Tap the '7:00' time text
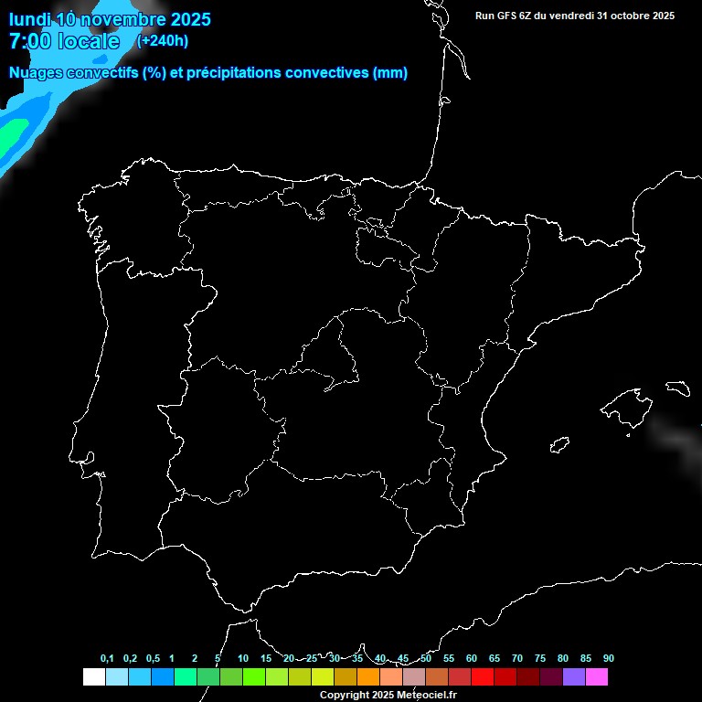click(x=27, y=41)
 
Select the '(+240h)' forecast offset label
click(x=162, y=40)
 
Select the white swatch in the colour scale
click(x=93, y=676)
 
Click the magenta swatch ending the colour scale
click(x=596, y=676)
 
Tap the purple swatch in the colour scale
click(x=573, y=676)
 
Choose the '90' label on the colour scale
click(x=608, y=658)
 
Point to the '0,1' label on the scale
click(x=107, y=658)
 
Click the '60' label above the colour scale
click(x=471, y=658)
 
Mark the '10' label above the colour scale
click(x=242, y=658)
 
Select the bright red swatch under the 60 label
click(x=482, y=676)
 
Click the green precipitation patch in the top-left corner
click(x=11, y=137)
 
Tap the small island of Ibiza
click(x=560, y=445)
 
